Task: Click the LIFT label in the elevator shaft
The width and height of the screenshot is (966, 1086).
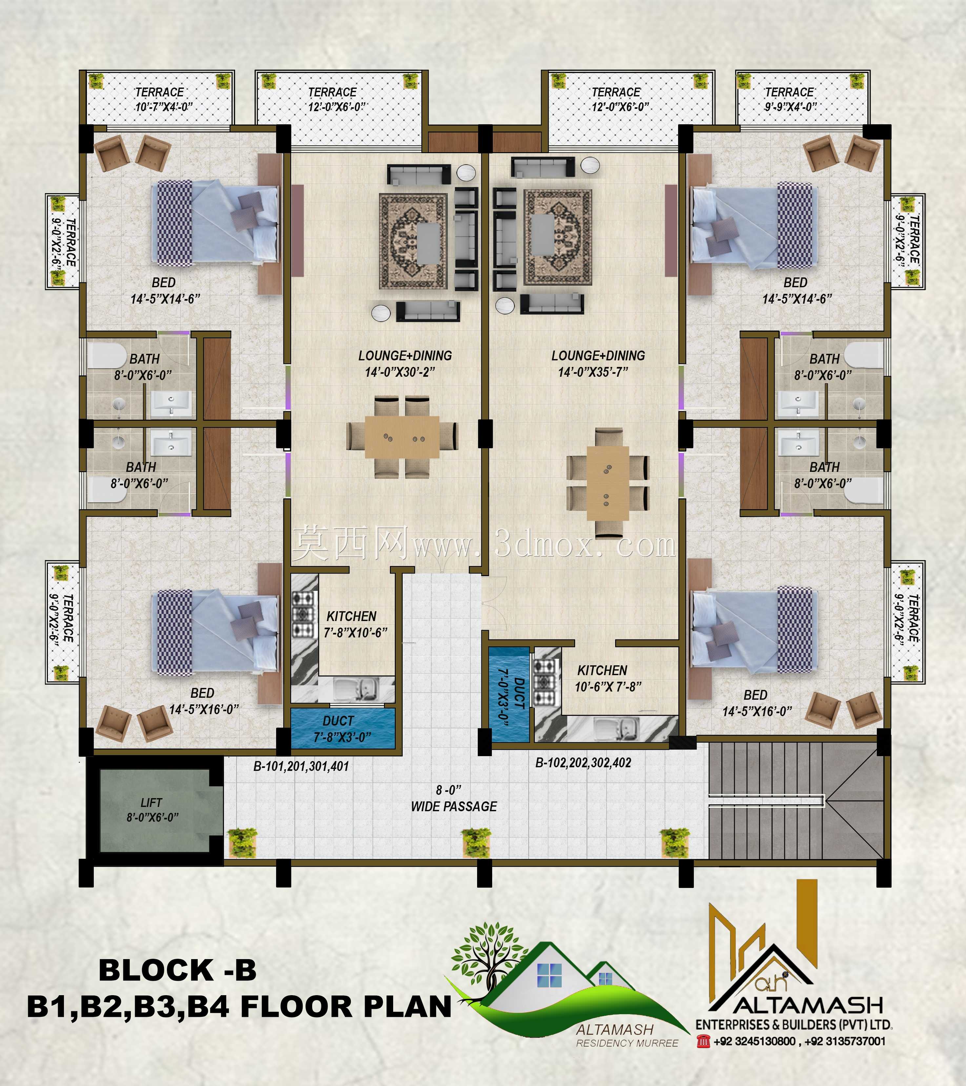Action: (151, 803)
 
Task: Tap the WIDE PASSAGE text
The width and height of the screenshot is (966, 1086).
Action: (454, 807)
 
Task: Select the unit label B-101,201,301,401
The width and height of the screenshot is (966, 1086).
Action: (301, 767)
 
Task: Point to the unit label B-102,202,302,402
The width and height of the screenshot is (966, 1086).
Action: (583, 763)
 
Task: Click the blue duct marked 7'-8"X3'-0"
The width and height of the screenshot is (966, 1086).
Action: (343, 729)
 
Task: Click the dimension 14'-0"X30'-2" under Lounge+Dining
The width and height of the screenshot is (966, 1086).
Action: (400, 372)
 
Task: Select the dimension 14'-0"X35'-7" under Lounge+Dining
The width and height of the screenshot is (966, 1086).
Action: (593, 372)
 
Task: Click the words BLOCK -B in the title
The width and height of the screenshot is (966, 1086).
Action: (177, 970)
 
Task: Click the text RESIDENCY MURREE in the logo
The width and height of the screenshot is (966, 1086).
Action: (627, 1043)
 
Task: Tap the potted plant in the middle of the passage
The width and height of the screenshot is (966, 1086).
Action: (475, 842)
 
